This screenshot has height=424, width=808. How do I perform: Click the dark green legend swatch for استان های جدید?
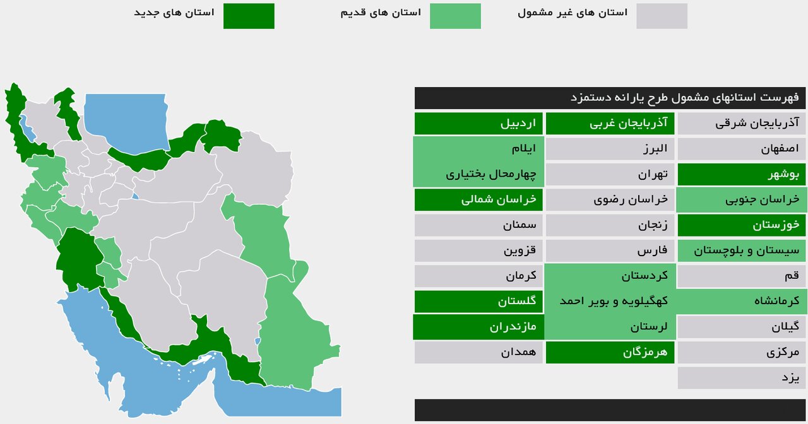(x=249, y=16)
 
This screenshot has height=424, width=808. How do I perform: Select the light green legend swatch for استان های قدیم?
(x=455, y=16)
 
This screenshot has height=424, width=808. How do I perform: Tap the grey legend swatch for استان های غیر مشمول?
(x=662, y=16)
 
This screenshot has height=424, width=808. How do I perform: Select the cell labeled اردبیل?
(x=478, y=123)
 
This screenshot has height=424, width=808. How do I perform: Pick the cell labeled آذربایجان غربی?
(x=610, y=123)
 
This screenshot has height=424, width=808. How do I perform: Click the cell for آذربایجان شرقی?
(x=742, y=123)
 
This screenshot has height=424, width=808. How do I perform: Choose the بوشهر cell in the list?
(x=742, y=175)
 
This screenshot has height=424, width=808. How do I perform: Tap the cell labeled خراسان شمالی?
(x=478, y=200)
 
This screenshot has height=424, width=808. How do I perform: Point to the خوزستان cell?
(x=742, y=225)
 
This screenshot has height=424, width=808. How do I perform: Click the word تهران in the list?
(x=653, y=175)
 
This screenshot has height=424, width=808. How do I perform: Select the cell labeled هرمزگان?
(x=610, y=352)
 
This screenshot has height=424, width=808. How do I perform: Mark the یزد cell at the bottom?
(x=742, y=378)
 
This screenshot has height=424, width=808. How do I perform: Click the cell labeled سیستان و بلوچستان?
(x=742, y=250)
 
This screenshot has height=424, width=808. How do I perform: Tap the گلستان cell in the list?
(x=478, y=302)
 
